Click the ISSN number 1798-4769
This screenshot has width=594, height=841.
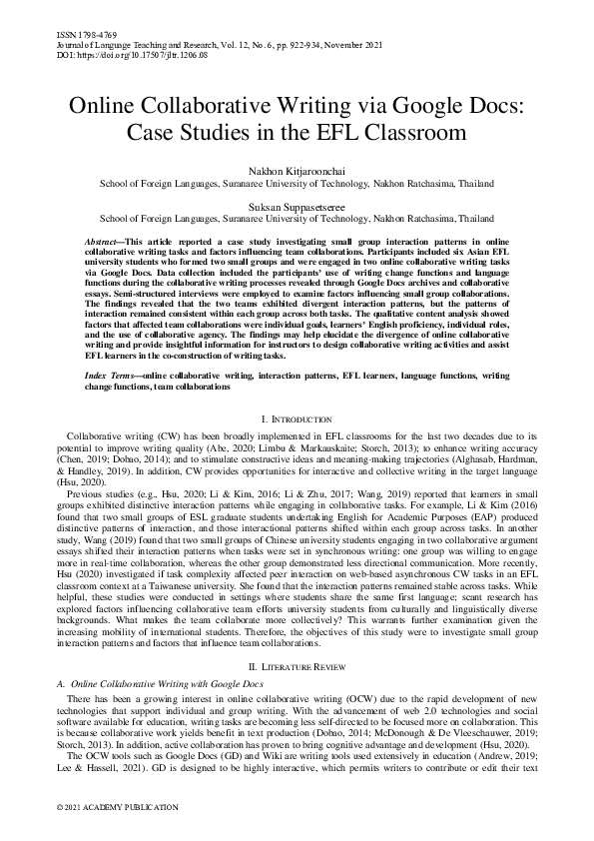coord(82,34)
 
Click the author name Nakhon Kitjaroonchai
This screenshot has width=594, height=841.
coord(297,174)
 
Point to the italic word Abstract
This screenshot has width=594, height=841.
coord(102,243)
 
